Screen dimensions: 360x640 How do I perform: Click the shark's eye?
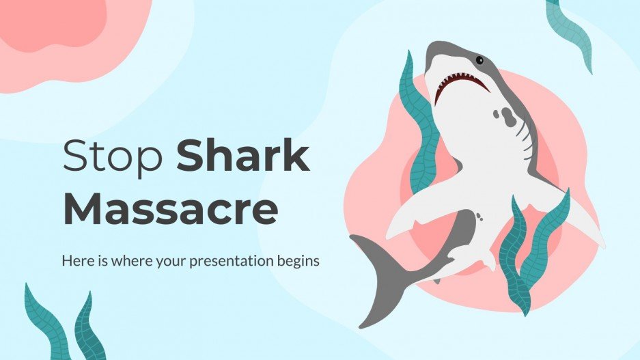(479, 60)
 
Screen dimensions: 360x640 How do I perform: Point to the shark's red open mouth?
(463, 85)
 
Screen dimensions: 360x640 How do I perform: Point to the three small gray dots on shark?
(481, 217)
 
